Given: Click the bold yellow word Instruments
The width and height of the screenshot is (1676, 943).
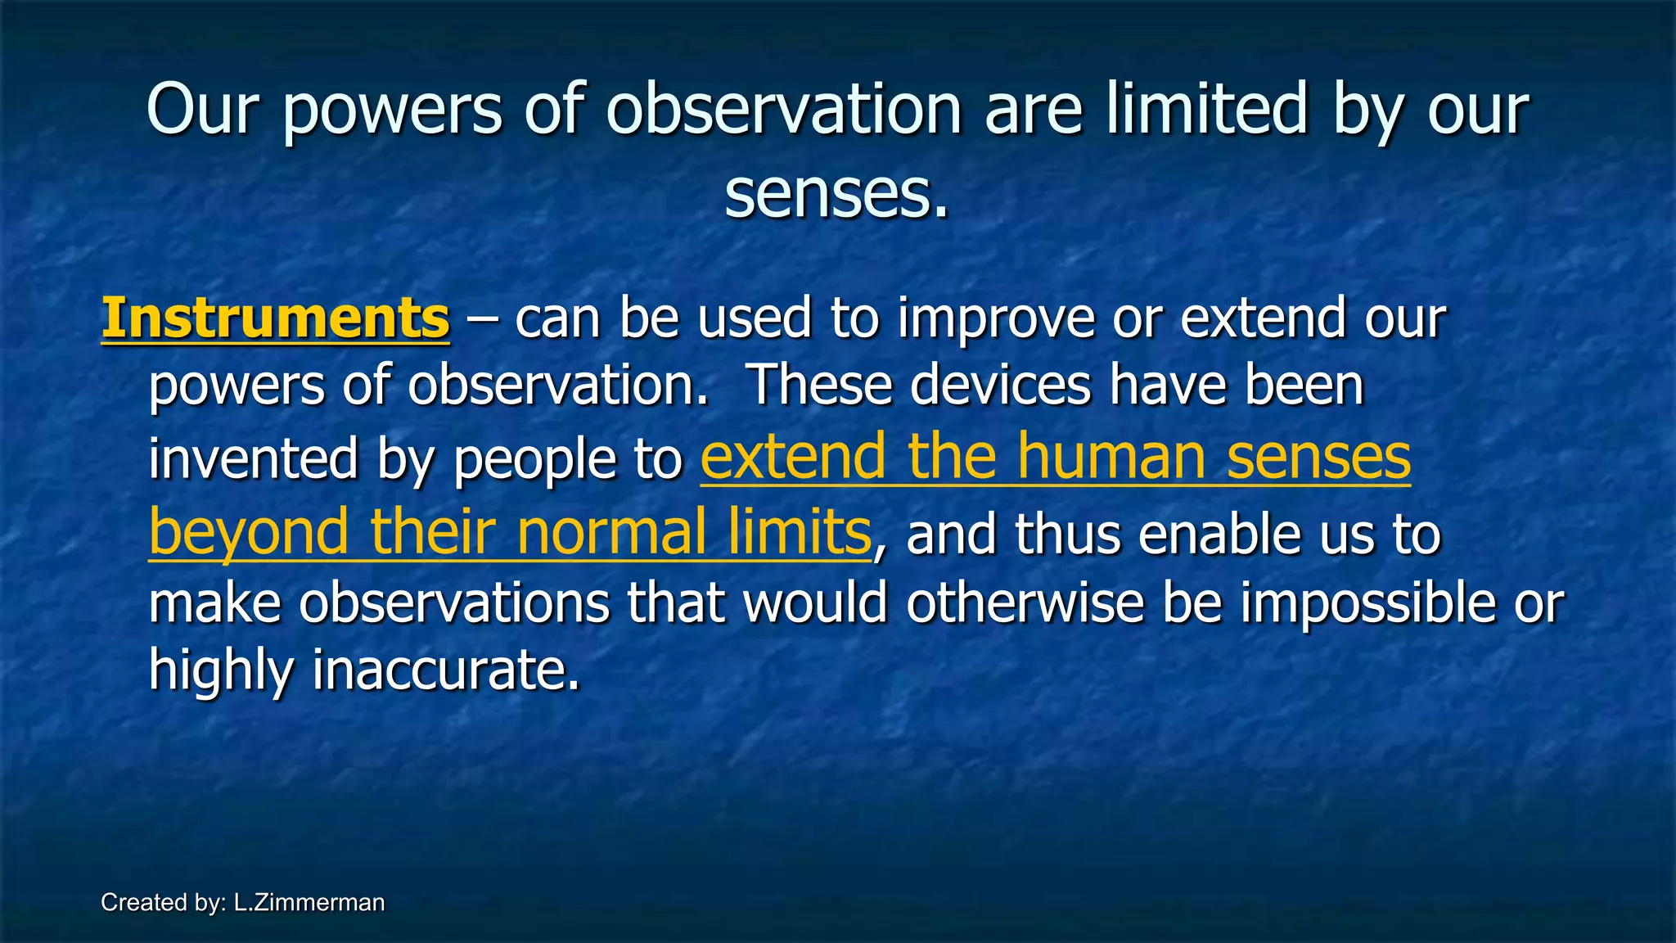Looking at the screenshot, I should click(275, 318).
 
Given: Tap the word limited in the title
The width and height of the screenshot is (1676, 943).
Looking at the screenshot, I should click(1207, 110).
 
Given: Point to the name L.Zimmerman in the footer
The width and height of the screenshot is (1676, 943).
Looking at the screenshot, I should click(309, 902).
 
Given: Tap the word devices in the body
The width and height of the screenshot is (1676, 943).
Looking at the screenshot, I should click(1000, 385).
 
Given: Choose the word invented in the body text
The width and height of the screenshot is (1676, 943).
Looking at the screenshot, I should click(253, 459).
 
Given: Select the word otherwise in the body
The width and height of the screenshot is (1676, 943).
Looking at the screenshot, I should click(1025, 603).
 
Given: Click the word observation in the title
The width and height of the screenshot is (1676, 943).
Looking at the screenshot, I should click(784, 110).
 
